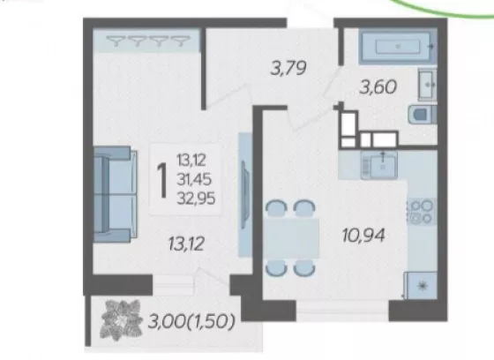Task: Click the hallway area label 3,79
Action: click(288, 69)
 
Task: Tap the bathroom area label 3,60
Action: click(378, 87)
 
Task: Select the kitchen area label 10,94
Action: click(363, 236)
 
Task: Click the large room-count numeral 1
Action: click(162, 181)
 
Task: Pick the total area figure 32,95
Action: click(196, 199)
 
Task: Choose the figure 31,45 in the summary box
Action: click(194, 180)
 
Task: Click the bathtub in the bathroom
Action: click(398, 47)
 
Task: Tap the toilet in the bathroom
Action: click(423, 115)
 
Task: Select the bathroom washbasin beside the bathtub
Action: click(428, 84)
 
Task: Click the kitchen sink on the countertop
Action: click(379, 165)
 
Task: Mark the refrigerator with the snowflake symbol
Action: click(421, 286)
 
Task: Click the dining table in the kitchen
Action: click(292, 238)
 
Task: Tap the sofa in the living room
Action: click(116, 194)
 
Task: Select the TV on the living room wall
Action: click(245, 194)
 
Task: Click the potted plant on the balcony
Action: click(121, 320)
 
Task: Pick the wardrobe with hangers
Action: click(146, 41)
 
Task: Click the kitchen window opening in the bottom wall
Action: click(342, 311)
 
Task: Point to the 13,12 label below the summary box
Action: click(186, 244)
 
